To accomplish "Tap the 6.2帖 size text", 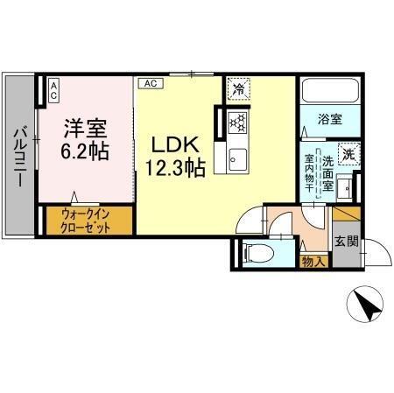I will coord(84,150).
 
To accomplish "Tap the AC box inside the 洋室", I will coord(52,88).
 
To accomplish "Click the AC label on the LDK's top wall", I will coord(149,83).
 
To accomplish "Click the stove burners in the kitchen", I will coord(236,123).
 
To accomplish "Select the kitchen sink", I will coord(236,158).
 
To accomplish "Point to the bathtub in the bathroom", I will coord(326,91).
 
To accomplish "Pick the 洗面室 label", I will coord(327,174).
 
